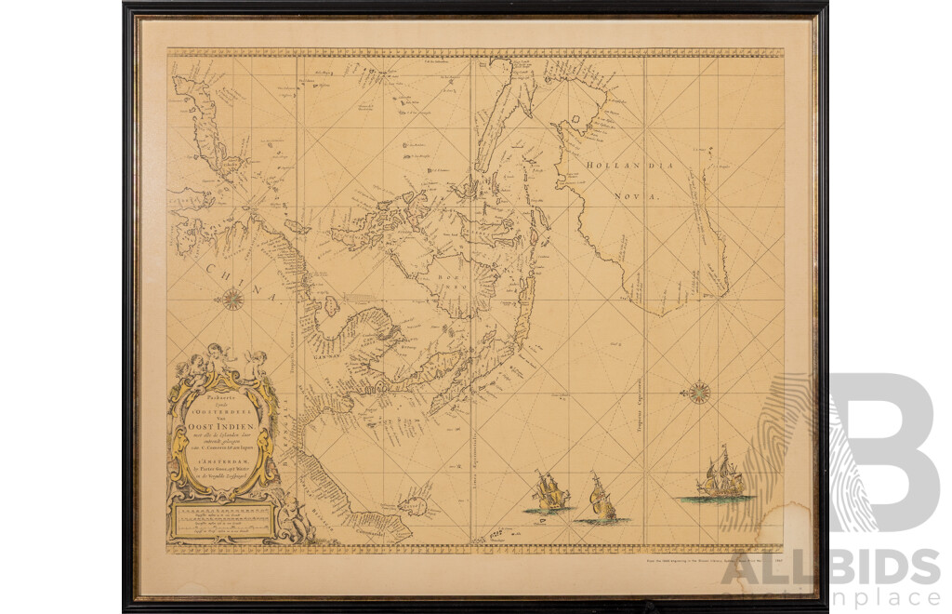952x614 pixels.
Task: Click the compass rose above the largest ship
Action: click(697, 392)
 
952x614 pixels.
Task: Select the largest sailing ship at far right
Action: click(723, 474)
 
